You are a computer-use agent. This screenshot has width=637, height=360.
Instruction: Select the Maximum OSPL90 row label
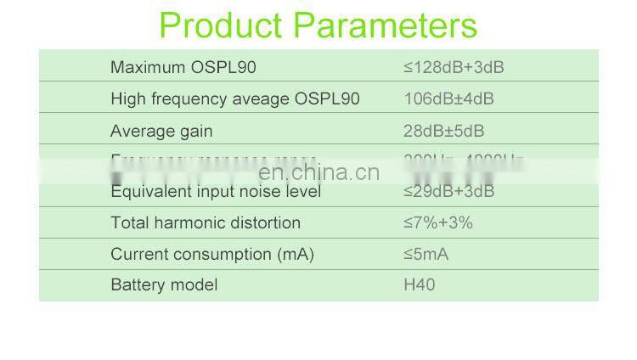(183, 67)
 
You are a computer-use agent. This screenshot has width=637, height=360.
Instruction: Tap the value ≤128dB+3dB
(454, 67)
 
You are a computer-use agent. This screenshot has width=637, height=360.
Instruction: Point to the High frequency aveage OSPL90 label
(235, 98)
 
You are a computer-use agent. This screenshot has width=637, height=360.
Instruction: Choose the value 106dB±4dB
(448, 98)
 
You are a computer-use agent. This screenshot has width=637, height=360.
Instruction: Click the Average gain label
(161, 131)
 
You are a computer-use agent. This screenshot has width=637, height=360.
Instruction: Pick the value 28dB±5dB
(443, 131)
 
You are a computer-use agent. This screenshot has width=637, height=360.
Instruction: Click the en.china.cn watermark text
(318, 172)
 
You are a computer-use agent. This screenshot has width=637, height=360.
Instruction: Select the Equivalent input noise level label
(216, 192)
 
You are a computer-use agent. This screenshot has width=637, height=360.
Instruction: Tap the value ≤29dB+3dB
(448, 192)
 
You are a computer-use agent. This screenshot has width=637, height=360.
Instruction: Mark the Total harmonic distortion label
(206, 222)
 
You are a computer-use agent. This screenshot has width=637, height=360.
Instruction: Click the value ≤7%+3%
(437, 222)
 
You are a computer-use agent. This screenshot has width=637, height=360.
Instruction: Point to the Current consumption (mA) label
(212, 254)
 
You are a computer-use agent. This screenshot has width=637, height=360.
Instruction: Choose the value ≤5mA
(426, 254)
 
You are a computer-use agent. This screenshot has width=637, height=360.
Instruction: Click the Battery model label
(164, 284)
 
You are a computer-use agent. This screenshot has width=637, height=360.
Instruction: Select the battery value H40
(419, 284)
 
